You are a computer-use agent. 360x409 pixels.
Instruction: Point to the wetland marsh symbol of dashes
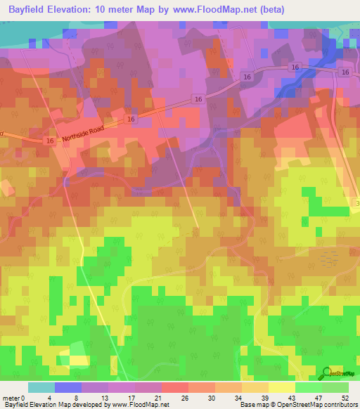328,259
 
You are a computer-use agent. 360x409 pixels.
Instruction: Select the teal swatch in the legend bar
41,388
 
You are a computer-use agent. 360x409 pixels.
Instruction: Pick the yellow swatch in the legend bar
282,388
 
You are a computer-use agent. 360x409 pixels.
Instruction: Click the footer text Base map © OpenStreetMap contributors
298,405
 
